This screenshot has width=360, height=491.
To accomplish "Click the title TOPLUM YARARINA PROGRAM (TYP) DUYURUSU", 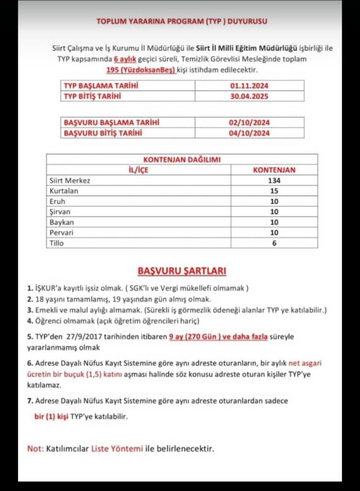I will click(x=182, y=22).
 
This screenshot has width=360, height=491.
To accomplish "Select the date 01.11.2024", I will click(x=249, y=86).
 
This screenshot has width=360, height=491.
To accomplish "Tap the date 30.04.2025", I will click(x=249, y=96).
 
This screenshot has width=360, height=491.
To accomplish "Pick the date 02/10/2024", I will click(x=249, y=123).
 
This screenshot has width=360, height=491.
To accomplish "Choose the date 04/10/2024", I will click(x=249, y=133).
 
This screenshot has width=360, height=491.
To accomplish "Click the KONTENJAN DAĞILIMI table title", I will click(x=182, y=160).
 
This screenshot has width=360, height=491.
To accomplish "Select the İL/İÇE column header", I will click(x=138, y=170).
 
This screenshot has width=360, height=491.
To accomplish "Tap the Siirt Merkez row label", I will click(x=70, y=181).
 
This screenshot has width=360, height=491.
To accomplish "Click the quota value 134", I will click(x=274, y=181).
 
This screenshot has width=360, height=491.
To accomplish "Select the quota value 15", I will click(x=274, y=191).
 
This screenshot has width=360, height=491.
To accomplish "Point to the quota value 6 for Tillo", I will click(x=274, y=243).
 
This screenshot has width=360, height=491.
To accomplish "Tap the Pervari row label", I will click(x=61, y=233).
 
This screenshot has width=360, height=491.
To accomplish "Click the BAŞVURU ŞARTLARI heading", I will click(x=182, y=271).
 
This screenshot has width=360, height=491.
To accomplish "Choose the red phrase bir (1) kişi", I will click(x=51, y=417).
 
